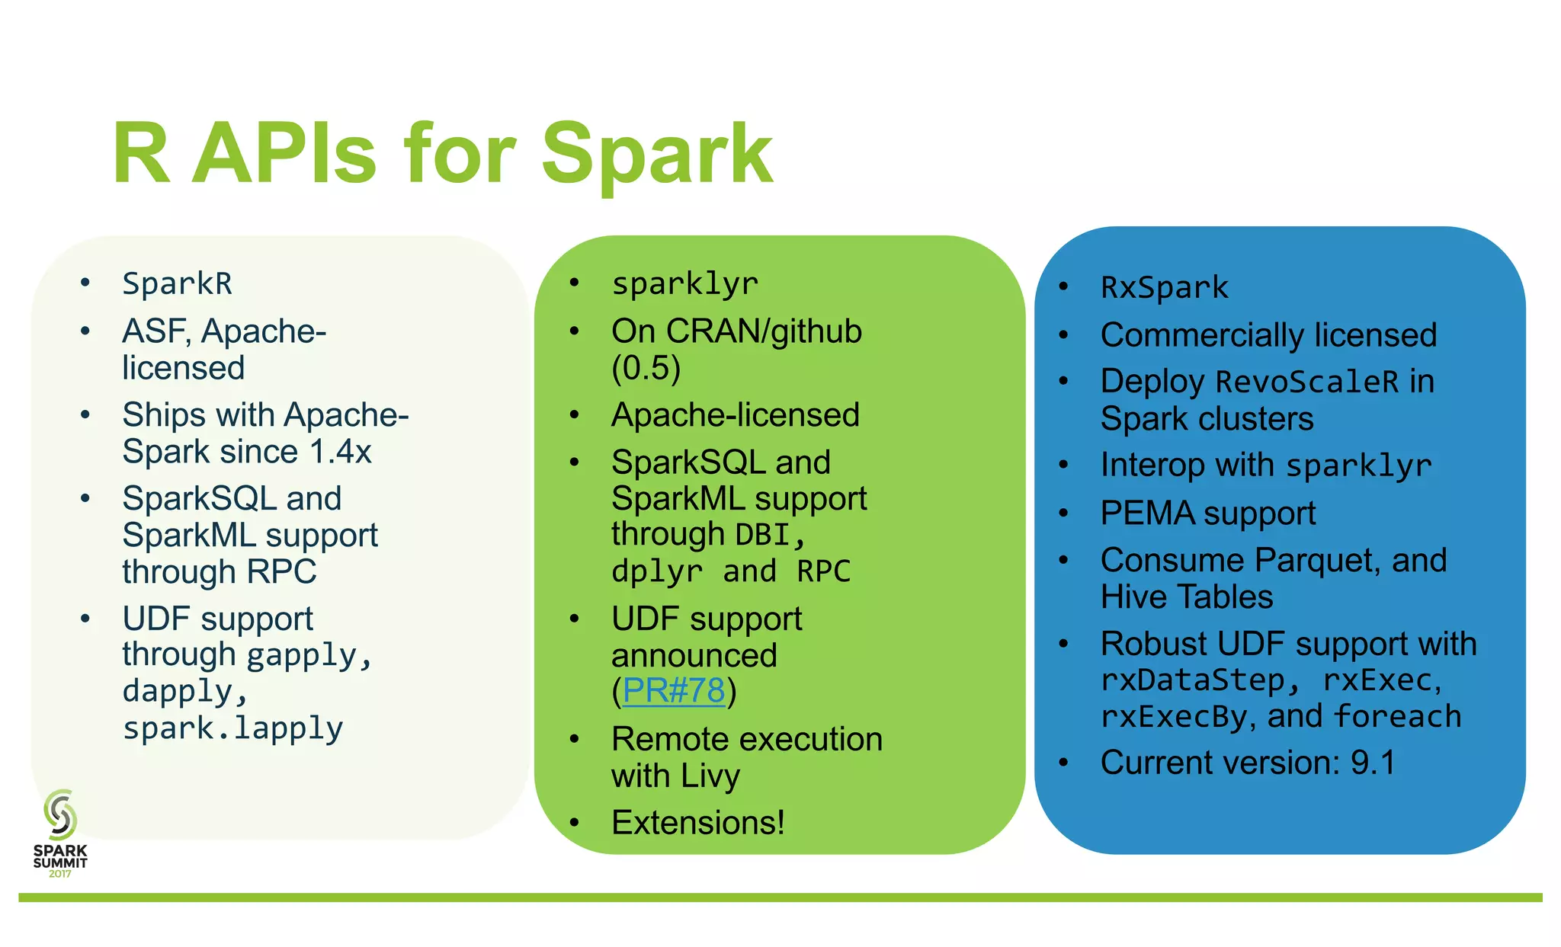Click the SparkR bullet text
pos(177,283)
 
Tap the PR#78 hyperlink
pos(673,691)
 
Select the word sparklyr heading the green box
pos(684,283)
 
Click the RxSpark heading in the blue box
pos(1165,288)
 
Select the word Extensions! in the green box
pos(697,823)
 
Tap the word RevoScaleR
pos(1307,382)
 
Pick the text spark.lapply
pos(232,728)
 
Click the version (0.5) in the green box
pos(646,368)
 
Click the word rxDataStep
pos(1193,680)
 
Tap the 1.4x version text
pos(341,452)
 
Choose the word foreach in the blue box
pos(1397,717)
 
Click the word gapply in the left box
pos(302,655)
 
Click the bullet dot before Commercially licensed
pos(1064,334)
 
